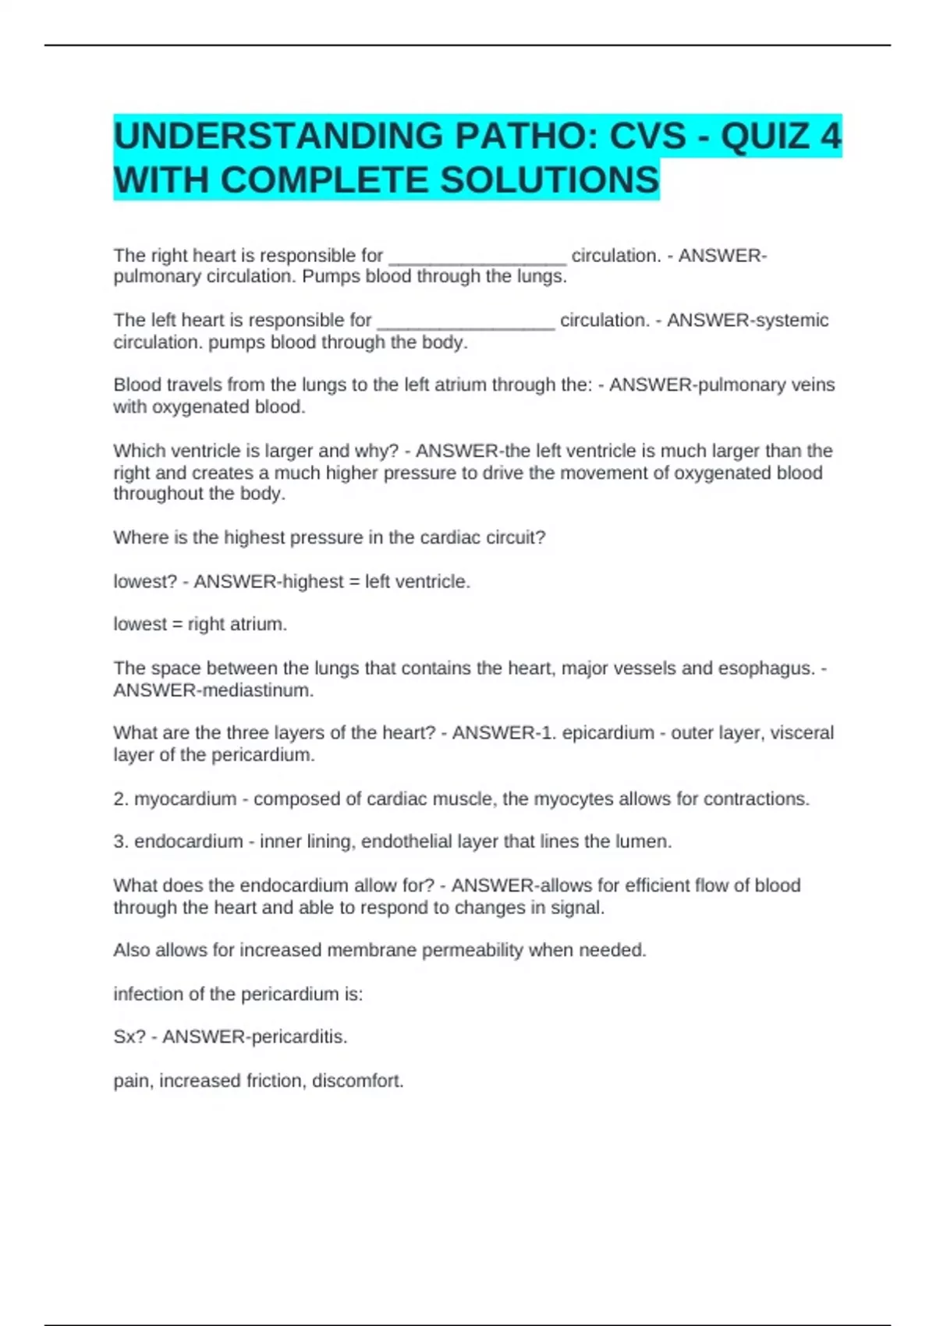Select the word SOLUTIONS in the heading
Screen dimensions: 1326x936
550,180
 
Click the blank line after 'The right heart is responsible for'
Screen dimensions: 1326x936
477,257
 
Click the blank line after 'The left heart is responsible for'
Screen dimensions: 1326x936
466,322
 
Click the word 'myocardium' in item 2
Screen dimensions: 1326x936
185,799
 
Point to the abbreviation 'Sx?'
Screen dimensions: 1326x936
129,1037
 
